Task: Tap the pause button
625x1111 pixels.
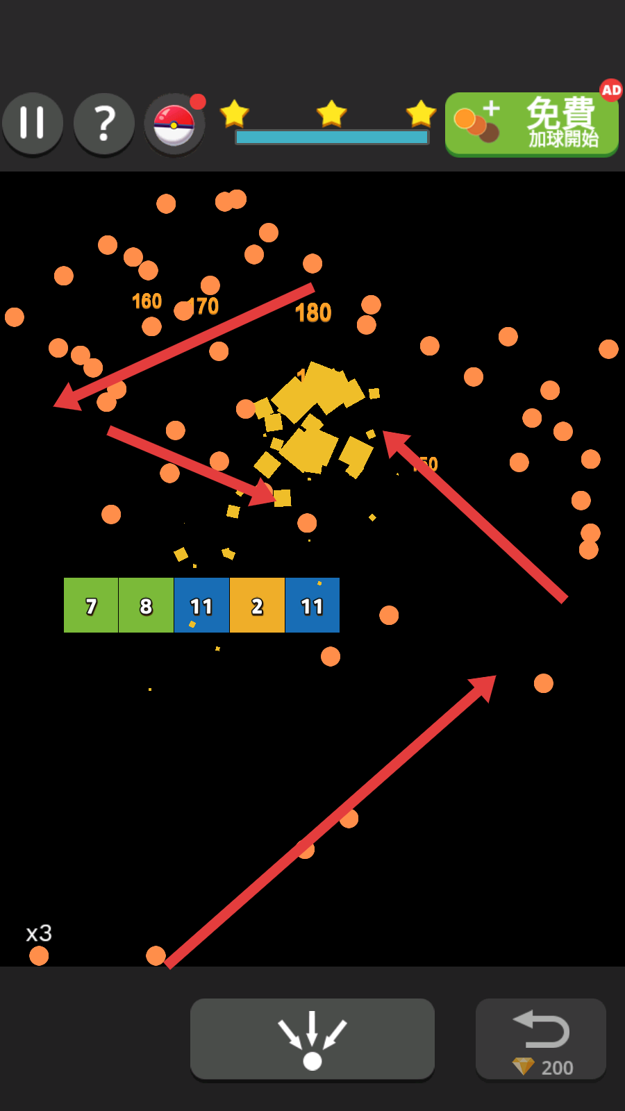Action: pyautogui.click(x=33, y=124)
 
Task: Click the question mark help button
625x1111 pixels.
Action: pyautogui.click(x=104, y=124)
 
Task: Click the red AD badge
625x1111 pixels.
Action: pyautogui.click(x=611, y=90)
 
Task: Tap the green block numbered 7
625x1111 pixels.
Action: pyautogui.click(x=91, y=605)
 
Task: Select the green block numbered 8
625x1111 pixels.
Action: pyautogui.click(x=146, y=605)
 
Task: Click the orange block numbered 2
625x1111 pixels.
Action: pyautogui.click(x=257, y=605)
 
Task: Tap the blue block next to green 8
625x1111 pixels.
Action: pyautogui.click(x=201, y=605)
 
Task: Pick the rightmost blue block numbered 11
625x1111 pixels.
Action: pyautogui.click(x=312, y=605)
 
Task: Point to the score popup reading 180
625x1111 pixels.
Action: pyautogui.click(x=313, y=313)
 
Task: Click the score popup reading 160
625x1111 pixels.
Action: pyautogui.click(x=147, y=301)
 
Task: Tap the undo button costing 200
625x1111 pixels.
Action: pyautogui.click(x=540, y=1039)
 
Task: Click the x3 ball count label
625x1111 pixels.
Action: pyautogui.click(x=39, y=933)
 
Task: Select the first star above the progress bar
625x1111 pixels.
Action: pyautogui.click(x=235, y=113)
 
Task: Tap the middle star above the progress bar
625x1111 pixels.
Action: pyautogui.click(x=331, y=113)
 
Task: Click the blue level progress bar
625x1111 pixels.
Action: pyautogui.click(x=332, y=137)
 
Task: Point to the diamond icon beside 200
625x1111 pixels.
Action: pyautogui.click(x=523, y=1066)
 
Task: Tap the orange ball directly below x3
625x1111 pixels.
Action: pyautogui.click(x=39, y=956)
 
